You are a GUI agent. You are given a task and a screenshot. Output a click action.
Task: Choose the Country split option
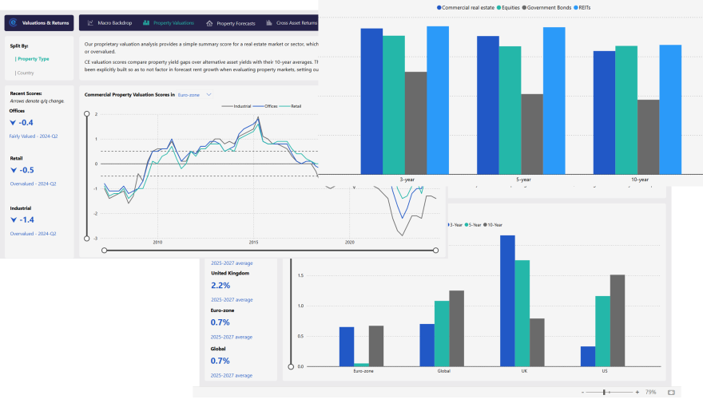26,73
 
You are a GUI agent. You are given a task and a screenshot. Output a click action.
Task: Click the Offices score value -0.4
25,122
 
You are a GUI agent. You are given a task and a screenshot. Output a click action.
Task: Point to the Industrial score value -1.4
25,219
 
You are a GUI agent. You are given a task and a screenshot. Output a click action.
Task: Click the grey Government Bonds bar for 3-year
415,123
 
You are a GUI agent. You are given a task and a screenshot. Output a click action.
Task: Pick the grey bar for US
618,320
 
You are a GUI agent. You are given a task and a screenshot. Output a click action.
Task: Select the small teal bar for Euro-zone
362,364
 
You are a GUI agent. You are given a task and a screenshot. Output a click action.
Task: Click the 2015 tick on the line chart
253,242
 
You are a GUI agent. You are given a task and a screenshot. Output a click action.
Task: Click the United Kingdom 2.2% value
220,285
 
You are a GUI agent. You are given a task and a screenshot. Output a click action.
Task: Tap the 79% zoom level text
650,393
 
